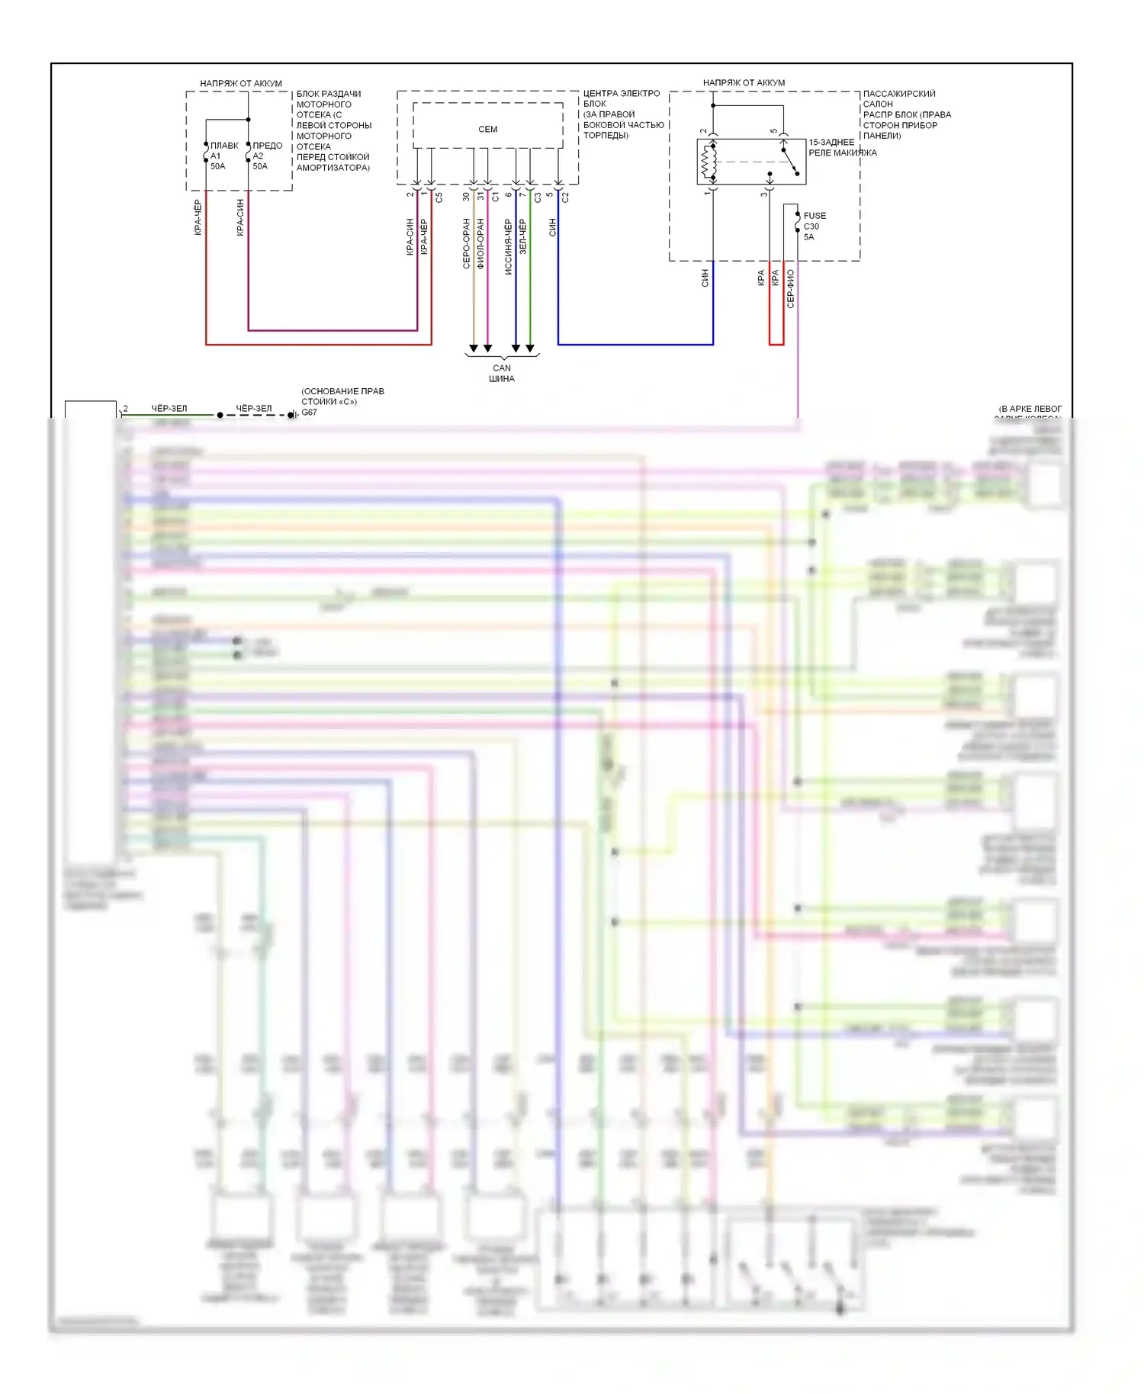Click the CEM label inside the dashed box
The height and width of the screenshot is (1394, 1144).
pyautogui.click(x=487, y=130)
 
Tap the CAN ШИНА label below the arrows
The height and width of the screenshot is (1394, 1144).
pyautogui.click(x=502, y=373)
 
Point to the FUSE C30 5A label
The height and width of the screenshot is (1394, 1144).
pyautogui.click(x=814, y=226)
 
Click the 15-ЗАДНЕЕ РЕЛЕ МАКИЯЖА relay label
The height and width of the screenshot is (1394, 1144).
pyautogui.click(x=841, y=147)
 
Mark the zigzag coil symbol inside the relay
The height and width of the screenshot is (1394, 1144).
pyautogui.click(x=706, y=161)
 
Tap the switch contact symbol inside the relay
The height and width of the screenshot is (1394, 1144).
pyautogui.click(x=789, y=161)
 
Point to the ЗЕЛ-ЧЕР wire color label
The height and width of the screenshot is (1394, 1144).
pyautogui.click(x=522, y=236)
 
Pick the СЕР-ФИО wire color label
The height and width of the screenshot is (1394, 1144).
pyautogui.click(x=790, y=289)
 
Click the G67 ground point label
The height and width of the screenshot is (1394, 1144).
pyautogui.click(x=309, y=413)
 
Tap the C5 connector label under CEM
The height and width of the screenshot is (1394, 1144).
pyautogui.click(x=439, y=198)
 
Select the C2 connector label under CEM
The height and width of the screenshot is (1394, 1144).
pyautogui.click(x=565, y=198)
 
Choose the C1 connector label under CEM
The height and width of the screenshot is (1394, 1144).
pyautogui.click(x=495, y=197)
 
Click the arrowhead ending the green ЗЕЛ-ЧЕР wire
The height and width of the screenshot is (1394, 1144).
pyautogui.click(x=530, y=348)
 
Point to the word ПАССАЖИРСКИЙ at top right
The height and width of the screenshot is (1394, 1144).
pyautogui.click(x=899, y=94)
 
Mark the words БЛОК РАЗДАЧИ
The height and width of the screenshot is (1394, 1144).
pyautogui.click(x=329, y=94)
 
